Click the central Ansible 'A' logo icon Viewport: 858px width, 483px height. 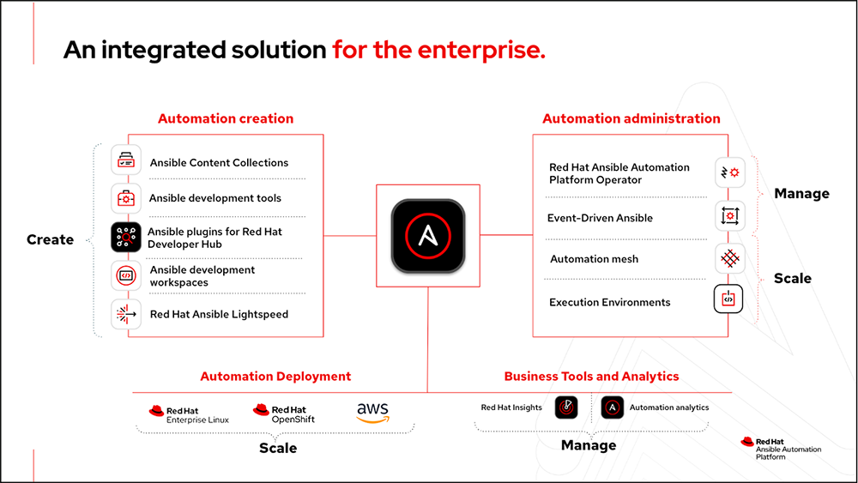427,236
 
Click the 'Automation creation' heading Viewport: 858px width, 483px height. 226,119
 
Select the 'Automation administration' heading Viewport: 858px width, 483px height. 631,119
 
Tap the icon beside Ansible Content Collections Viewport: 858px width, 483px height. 126,161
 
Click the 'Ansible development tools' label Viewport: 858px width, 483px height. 215,198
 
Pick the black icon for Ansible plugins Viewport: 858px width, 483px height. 126,237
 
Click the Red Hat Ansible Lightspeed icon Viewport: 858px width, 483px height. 126,314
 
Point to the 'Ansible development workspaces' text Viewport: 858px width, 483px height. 202,275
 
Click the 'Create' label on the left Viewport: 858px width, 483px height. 50,239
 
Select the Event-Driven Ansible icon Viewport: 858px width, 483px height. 729,216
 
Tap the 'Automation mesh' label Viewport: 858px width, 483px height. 594,259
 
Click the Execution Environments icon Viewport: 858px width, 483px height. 729,299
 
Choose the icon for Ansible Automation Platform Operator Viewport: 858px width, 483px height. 729,172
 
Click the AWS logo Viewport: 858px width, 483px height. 373,413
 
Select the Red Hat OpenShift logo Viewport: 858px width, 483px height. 283,414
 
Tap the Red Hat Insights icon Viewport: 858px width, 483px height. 565,408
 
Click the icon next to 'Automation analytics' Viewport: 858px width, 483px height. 613,408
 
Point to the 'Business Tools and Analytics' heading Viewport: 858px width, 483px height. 591,377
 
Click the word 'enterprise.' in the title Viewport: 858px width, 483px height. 481,51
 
